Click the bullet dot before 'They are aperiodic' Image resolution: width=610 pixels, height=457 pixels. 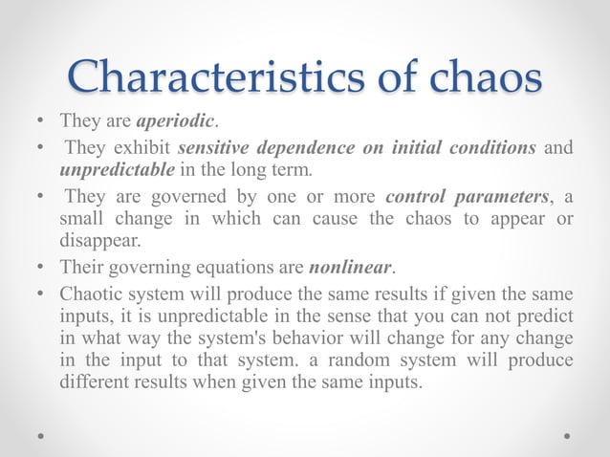pyautogui.click(x=36, y=123)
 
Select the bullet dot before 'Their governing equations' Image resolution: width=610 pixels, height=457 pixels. pyautogui.click(x=36, y=267)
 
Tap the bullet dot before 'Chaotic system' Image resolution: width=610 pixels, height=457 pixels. pyautogui.click(x=36, y=294)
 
